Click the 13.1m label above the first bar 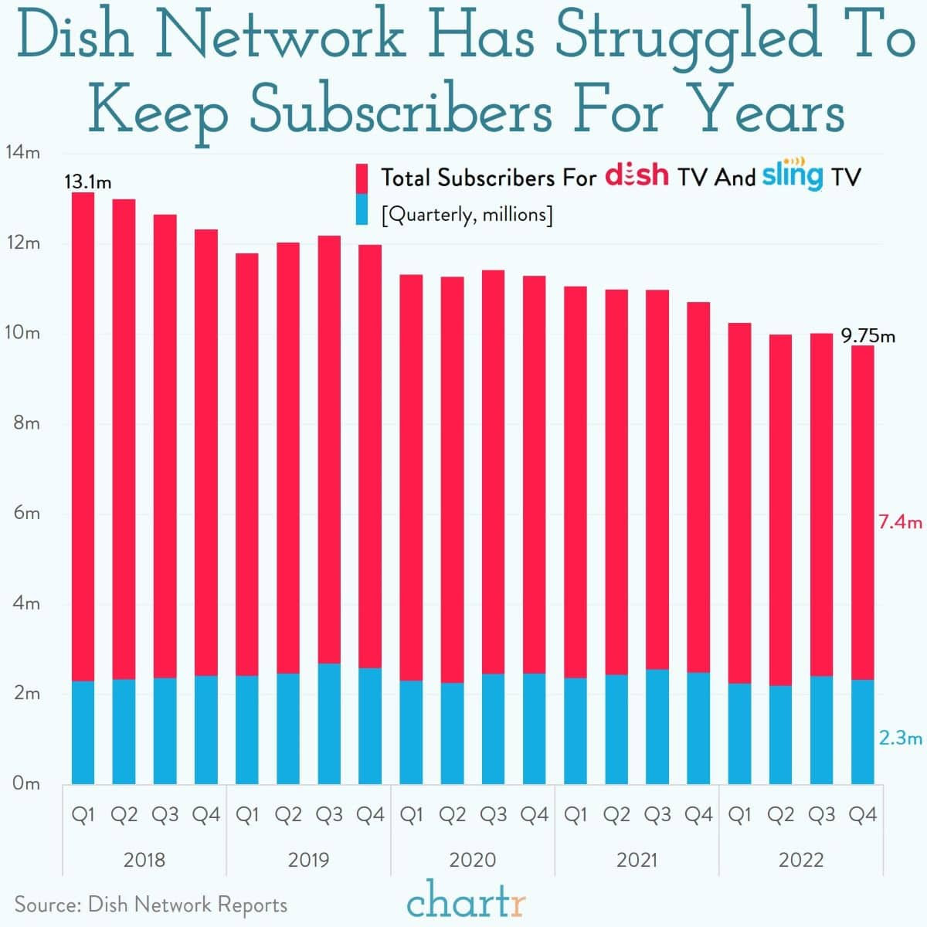click(87, 182)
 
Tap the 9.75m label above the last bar click(868, 336)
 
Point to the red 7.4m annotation click(900, 523)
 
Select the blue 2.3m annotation click(900, 739)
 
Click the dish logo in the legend click(637, 175)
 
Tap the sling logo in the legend click(793, 174)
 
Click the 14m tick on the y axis click(22, 152)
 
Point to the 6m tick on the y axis click(26, 513)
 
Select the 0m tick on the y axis click(26, 783)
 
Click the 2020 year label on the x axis click(472, 860)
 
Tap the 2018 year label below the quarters click(144, 860)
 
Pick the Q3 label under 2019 click(329, 814)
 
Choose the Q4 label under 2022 click(862, 814)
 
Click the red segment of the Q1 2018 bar click(83, 433)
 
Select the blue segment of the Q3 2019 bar click(329, 723)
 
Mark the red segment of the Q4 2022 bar click(862, 510)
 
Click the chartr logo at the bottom click(466, 903)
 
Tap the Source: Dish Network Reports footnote click(151, 905)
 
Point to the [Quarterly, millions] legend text click(467, 214)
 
